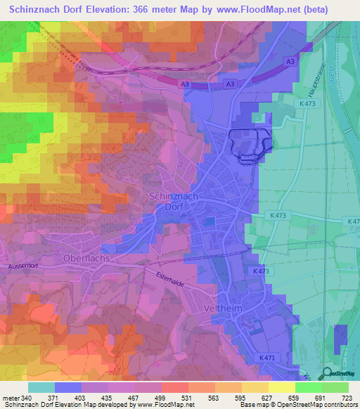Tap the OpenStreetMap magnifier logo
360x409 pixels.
coord(328,372)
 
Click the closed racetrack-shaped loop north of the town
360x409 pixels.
coord(250,144)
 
